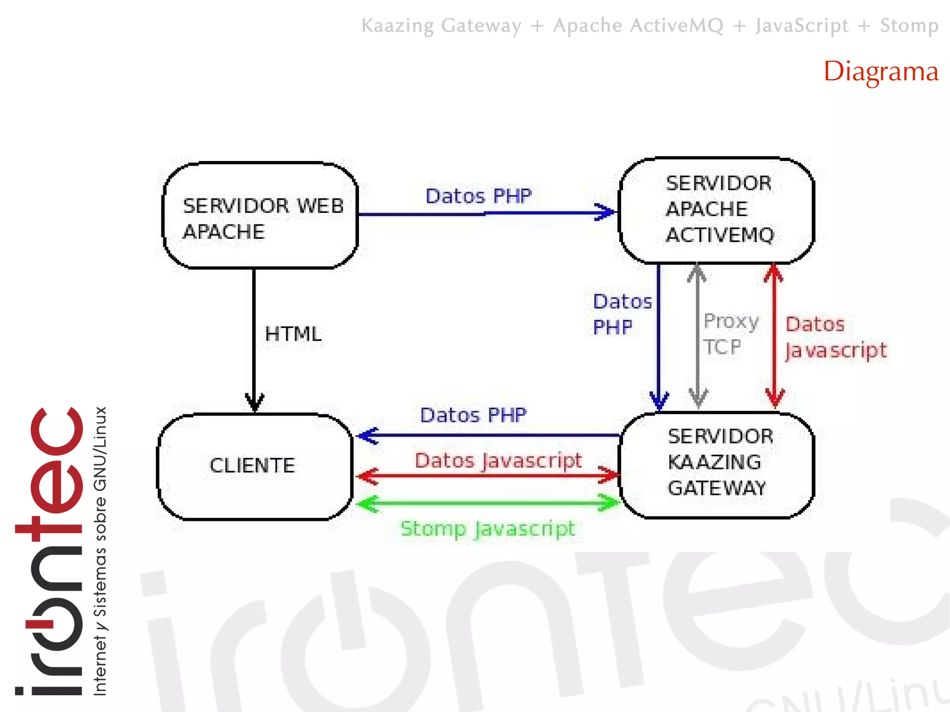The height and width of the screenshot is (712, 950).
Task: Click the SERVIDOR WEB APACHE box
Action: pos(260,216)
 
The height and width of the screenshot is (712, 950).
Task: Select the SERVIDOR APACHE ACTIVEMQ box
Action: pos(717,211)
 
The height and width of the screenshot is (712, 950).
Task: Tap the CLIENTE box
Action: pos(255,466)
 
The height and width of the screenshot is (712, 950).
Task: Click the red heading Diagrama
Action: pos(880,72)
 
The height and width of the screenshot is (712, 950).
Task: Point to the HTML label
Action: pos(293,334)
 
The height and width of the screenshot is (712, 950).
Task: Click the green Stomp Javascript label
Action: pos(488,529)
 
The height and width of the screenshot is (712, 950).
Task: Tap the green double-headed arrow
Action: pos(488,503)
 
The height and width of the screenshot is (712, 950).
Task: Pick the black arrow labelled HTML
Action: pos(254,339)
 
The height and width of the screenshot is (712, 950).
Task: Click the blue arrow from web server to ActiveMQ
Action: pos(487,213)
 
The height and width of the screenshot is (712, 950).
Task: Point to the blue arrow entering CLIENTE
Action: pos(487,436)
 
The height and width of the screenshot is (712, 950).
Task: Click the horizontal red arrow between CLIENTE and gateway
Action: pos(488,475)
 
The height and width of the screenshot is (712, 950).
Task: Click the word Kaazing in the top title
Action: pos(398,26)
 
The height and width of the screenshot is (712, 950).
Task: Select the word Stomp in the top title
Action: pos(909,26)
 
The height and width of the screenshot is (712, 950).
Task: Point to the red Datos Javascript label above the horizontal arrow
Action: pos(498,461)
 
